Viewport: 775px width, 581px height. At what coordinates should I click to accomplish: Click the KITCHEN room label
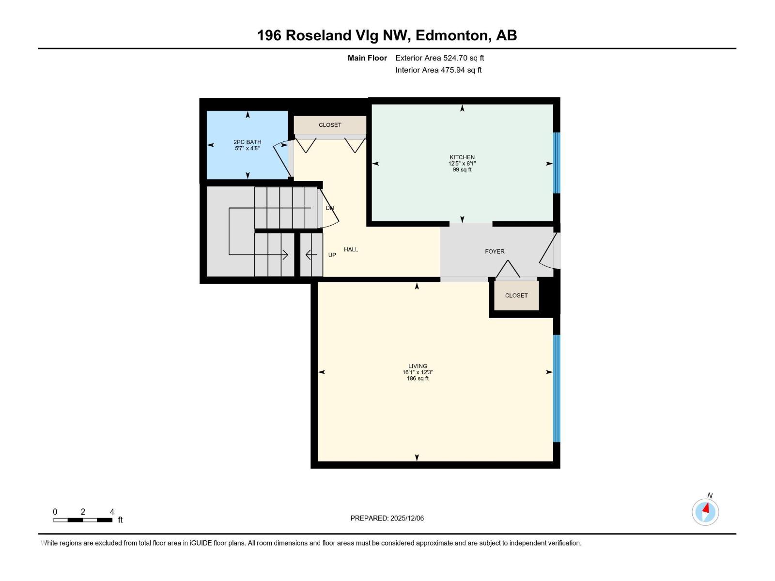coord(462,157)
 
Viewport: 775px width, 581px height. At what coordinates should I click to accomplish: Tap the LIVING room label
coord(418,366)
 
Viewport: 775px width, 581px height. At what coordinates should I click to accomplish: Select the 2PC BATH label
coord(247,142)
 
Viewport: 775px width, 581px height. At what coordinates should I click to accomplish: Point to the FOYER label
coord(495,251)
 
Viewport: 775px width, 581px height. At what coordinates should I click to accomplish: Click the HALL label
coord(351,249)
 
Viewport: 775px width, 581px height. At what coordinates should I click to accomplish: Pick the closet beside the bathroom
coord(330,125)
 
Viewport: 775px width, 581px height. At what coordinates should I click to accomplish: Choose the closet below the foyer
coord(516,295)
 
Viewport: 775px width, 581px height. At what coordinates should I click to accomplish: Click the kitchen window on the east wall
coord(557,163)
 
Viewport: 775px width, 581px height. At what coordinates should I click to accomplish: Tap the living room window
coord(557,388)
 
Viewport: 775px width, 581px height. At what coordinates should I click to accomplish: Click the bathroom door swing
coord(284,159)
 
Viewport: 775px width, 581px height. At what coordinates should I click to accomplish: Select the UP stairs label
coord(332,255)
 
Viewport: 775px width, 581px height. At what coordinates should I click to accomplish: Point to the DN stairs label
coord(330,208)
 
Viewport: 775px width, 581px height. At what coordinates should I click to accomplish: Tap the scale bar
coord(83,520)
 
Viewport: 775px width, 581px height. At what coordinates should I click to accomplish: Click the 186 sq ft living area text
coord(418,379)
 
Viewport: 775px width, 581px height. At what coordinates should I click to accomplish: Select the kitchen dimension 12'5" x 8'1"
coord(462,164)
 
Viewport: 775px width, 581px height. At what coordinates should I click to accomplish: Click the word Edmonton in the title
coord(451,35)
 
